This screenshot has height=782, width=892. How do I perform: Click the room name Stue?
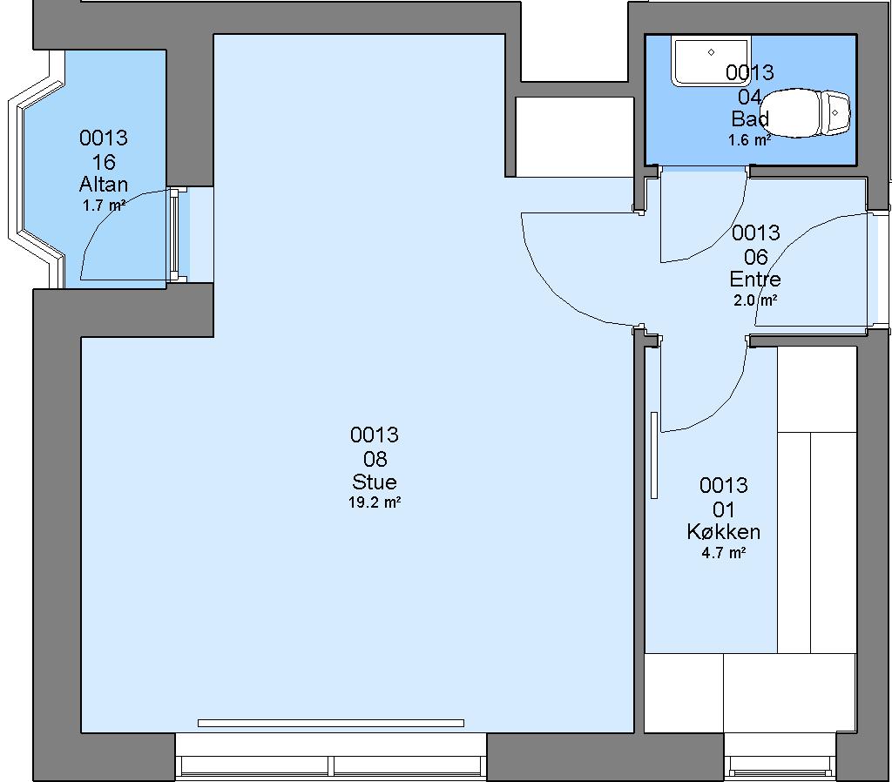click(375, 482)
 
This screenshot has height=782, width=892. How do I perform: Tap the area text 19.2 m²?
click(375, 502)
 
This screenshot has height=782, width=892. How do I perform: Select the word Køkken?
click(724, 531)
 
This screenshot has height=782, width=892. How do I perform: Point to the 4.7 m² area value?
click(724, 552)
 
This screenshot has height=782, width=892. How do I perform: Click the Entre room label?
click(755, 279)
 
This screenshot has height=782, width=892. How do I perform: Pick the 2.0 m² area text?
click(755, 300)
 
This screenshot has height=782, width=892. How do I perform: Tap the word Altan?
click(104, 184)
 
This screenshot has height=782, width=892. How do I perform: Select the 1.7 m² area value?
click(104, 205)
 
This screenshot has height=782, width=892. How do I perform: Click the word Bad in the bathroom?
click(750, 118)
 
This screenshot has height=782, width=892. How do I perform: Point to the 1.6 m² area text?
click(750, 139)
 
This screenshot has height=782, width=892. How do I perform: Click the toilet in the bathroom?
click(805, 112)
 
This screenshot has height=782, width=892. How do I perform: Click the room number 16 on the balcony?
click(104, 162)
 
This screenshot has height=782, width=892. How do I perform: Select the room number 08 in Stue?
click(375, 458)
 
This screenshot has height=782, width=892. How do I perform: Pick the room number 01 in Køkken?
click(724, 509)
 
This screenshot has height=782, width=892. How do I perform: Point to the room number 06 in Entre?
click(755, 257)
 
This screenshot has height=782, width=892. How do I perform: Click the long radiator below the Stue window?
click(330, 724)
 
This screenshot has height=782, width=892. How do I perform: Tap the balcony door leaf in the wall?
click(174, 235)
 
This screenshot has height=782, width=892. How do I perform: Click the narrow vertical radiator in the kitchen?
click(654, 455)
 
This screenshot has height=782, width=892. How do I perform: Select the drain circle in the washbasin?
click(711, 52)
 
